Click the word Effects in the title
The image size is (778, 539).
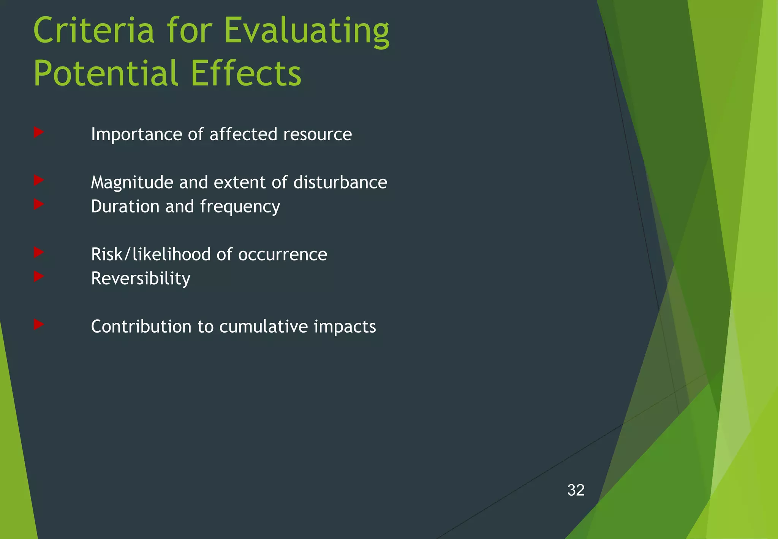click(245, 73)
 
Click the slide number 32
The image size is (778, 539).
click(576, 490)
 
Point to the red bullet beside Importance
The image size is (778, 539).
click(39, 132)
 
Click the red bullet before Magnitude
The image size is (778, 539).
click(39, 180)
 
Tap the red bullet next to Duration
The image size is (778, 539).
click(39, 205)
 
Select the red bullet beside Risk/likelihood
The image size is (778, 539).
click(39, 252)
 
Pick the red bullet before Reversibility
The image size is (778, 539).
click(39, 276)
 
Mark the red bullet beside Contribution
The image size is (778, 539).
click(39, 324)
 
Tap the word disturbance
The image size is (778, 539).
click(340, 182)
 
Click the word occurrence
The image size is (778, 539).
click(282, 255)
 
